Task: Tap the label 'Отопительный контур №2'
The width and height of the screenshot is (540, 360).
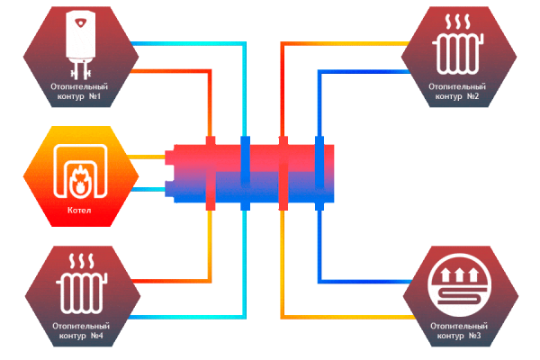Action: click(x=458, y=91)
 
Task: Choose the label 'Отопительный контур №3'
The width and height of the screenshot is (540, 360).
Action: click(x=458, y=330)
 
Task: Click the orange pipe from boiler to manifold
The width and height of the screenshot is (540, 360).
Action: click(x=144, y=157)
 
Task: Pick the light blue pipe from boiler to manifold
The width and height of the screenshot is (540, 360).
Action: click(x=144, y=189)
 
